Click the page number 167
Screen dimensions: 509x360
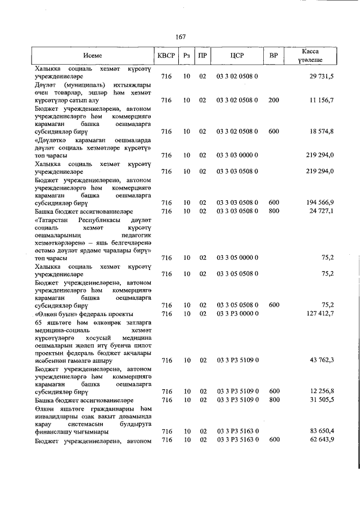(180, 37)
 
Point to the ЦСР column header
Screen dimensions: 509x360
(237, 56)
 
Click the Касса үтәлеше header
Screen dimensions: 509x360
(310, 55)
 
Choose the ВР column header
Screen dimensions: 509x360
(273, 56)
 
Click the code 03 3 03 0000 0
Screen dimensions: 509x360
(237, 155)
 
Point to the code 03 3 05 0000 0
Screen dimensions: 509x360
(237, 258)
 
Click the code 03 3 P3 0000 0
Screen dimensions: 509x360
(237, 313)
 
